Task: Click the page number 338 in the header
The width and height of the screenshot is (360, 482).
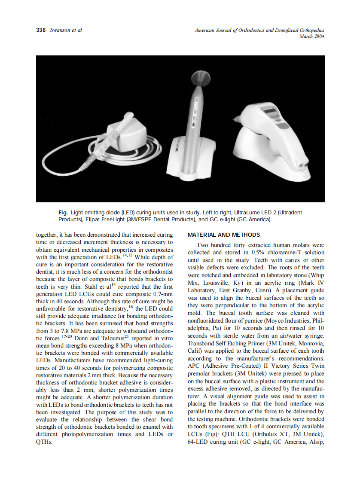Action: coord(41,30)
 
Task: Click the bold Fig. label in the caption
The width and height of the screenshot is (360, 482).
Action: coord(63,213)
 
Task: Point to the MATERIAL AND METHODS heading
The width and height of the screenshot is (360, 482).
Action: coord(224,235)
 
